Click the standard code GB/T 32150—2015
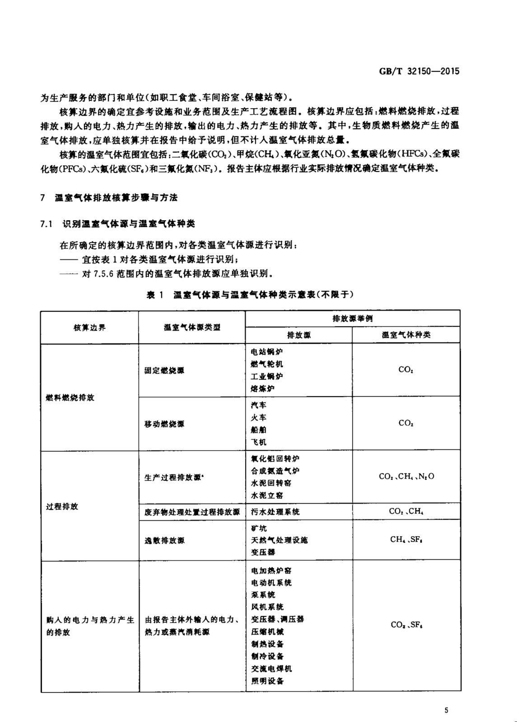[x=419, y=71]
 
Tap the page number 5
[x=447, y=710]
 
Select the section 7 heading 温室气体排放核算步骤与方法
[x=116, y=198]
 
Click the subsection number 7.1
[x=47, y=224]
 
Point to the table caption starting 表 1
[x=250, y=295]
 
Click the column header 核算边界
[x=89, y=328]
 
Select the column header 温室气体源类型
[x=192, y=328]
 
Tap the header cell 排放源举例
[x=352, y=319]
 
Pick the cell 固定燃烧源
[x=164, y=370]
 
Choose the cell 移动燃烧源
[x=164, y=424]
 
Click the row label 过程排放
[x=62, y=506]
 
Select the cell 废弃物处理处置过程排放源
[x=192, y=512]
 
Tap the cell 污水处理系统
[x=275, y=512]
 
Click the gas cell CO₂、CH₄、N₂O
[x=406, y=477]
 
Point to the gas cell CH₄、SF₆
[x=406, y=539]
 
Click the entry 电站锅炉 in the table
[x=267, y=352]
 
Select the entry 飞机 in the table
[x=259, y=442]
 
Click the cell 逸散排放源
[x=164, y=540]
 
